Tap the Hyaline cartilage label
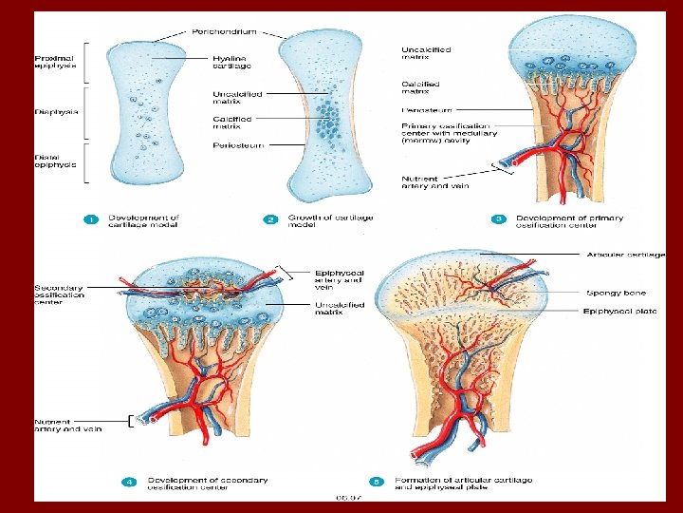point(232,62)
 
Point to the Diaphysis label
point(56,111)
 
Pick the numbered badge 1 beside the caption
point(91,219)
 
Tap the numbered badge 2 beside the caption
point(270,219)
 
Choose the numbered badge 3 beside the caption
point(499,219)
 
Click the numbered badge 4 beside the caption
point(130,482)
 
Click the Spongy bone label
point(616,293)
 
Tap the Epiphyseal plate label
point(618,311)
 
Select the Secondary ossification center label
point(59,294)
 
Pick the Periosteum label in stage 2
point(238,144)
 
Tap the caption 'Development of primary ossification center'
point(569,221)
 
